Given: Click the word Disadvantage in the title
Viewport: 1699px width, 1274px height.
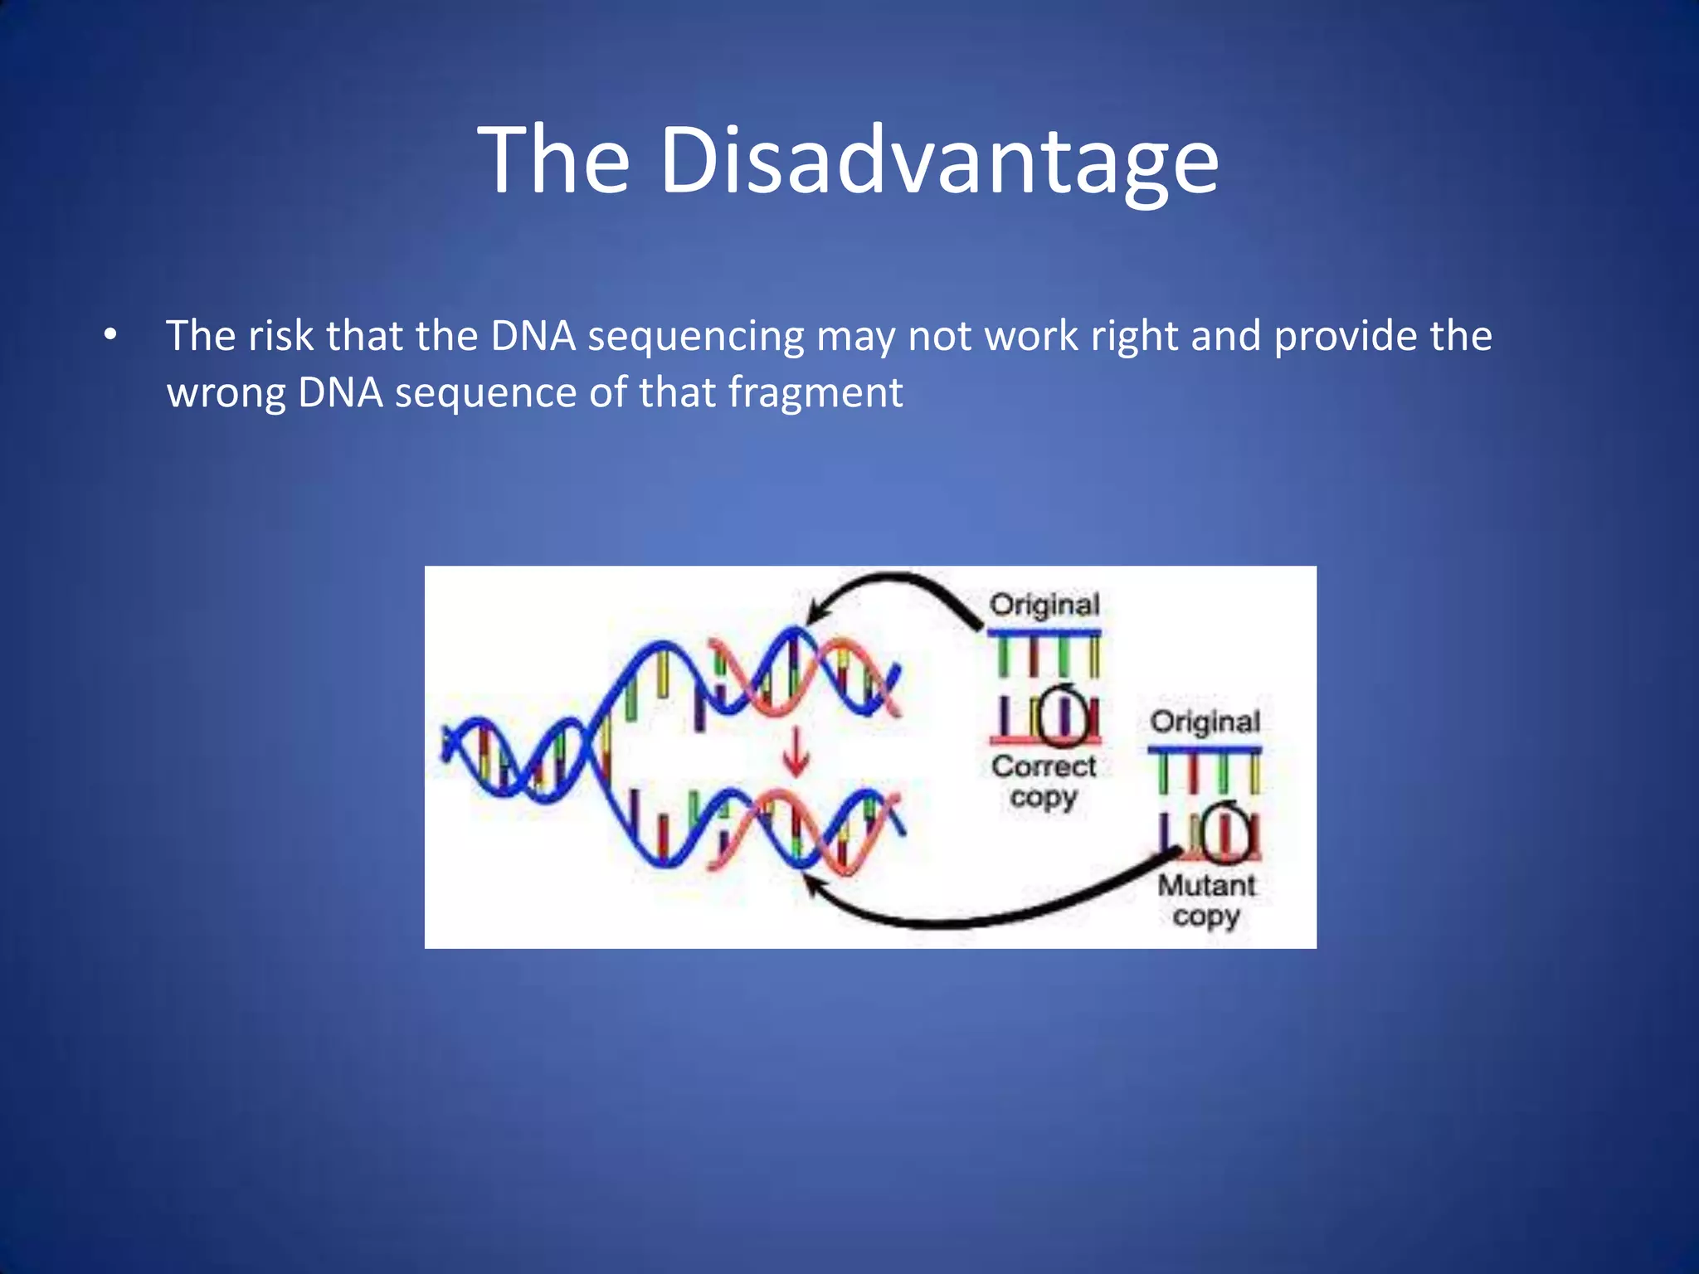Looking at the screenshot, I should pyautogui.click(x=939, y=159).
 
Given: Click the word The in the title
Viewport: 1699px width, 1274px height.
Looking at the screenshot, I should pyautogui.click(x=554, y=159).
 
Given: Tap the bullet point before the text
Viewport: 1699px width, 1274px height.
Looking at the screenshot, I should pyautogui.click(x=110, y=336).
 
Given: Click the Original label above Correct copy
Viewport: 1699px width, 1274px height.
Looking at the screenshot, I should pyautogui.click(x=1044, y=605).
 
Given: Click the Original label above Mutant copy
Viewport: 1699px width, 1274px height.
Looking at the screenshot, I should pyautogui.click(x=1205, y=722).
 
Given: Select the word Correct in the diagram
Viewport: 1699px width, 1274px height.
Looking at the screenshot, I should pyautogui.click(x=1044, y=766).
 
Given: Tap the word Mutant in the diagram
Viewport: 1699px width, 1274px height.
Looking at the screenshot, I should pyautogui.click(x=1206, y=885).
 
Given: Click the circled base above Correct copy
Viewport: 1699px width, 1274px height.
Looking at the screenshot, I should pyautogui.click(x=1064, y=716).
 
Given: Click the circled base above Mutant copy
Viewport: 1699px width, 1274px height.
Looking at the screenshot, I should pyautogui.click(x=1225, y=833).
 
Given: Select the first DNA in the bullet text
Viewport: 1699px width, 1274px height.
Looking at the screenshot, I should pyautogui.click(x=533, y=336).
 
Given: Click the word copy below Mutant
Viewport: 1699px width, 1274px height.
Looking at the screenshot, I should pyautogui.click(x=1205, y=917).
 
